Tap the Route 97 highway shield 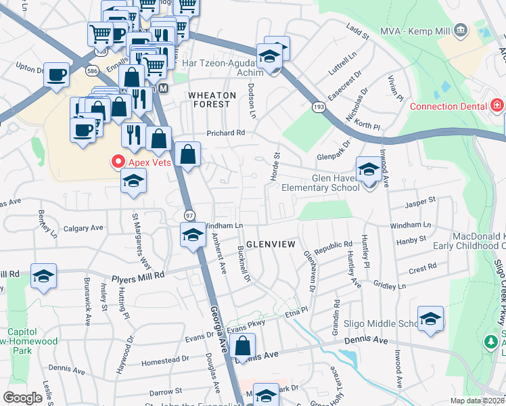coord(190,215)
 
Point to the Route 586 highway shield coord(92,70)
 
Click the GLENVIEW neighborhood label coord(271,244)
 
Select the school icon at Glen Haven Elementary coord(369,169)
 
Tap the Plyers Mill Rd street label coord(140,276)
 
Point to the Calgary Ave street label coord(83,229)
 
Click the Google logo coord(22,398)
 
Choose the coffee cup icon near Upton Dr coord(57,74)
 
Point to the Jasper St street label coord(420,201)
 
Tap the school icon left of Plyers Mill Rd coord(43,276)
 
